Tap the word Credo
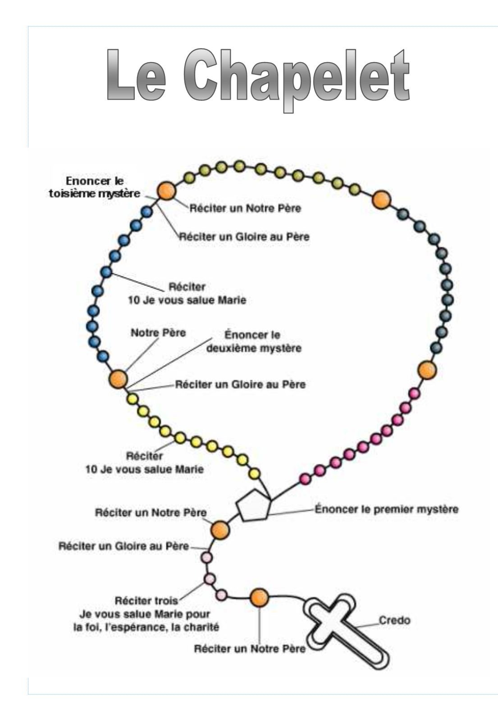point(395,620)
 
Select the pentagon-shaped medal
point(254,505)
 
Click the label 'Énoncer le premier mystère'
point(386,510)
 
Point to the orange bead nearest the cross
point(259,598)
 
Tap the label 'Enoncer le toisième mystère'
point(94,187)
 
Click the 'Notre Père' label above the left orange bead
point(158,332)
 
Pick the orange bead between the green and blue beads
point(166,191)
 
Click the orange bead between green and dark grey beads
point(381,199)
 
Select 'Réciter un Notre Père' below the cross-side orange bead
point(249,649)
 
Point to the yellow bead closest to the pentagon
point(255,473)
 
